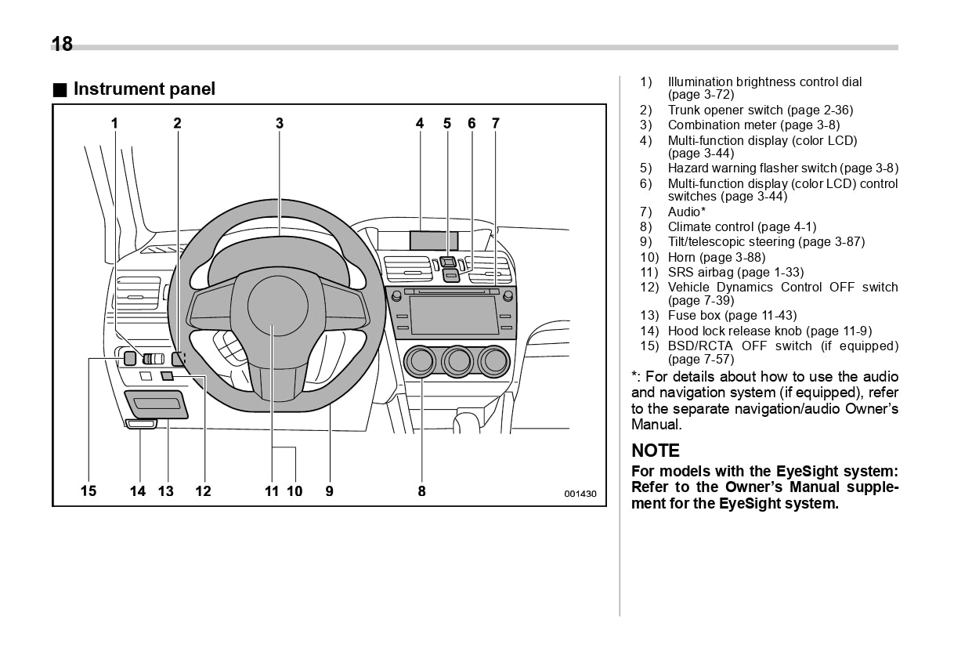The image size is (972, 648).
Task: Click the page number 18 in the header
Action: tap(62, 44)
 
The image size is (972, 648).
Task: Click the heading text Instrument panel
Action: tap(143, 89)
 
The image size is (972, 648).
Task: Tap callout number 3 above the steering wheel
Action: tap(279, 123)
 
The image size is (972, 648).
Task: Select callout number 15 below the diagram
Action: tap(89, 491)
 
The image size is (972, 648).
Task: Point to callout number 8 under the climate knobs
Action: tap(421, 491)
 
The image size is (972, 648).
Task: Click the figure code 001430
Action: tap(580, 494)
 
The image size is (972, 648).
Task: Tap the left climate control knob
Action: tap(421, 361)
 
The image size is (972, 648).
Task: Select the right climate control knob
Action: tap(494, 361)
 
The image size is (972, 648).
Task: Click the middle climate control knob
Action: tap(457, 361)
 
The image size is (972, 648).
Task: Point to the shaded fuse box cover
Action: tap(157, 404)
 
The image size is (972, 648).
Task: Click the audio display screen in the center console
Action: tap(453, 316)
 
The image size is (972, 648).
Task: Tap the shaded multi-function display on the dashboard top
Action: tap(433, 241)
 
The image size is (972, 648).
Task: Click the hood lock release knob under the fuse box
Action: tap(141, 424)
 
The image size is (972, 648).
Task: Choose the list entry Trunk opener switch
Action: tap(760, 110)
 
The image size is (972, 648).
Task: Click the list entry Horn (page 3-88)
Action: tap(716, 257)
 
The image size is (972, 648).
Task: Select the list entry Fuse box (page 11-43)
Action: tap(732, 316)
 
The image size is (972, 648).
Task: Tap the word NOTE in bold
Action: tap(656, 451)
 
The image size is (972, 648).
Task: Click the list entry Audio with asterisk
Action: tap(686, 212)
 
